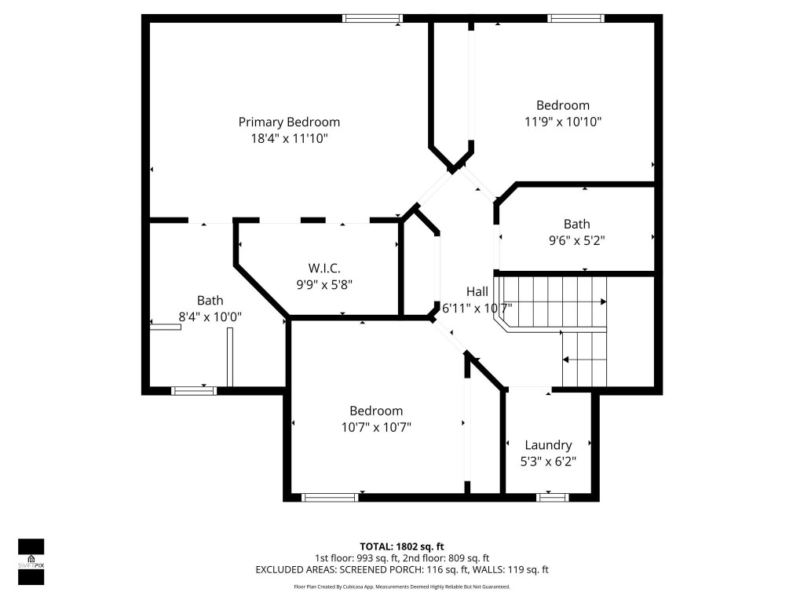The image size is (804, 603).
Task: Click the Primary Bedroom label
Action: click(x=289, y=122)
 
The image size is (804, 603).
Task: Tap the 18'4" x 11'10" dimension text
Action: click(x=289, y=138)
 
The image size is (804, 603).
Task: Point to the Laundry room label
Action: click(x=548, y=445)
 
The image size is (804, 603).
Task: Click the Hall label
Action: click(x=477, y=291)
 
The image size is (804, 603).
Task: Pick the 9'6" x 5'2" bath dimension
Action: click(x=576, y=240)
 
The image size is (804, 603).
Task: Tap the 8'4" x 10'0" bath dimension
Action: click(x=210, y=316)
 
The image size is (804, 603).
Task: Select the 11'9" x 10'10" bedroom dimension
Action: click(x=562, y=122)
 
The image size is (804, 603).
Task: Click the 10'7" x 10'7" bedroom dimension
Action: click(x=376, y=427)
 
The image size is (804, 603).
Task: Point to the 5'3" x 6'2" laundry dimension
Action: click(x=548, y=462)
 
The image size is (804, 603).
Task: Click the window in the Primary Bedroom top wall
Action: click(x=372, y=18)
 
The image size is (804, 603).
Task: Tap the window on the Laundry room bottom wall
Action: click(x=552, y=496)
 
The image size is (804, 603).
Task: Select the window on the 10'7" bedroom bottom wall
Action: click(x=330, y=496)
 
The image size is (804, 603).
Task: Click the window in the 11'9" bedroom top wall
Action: click(x=576, y=18)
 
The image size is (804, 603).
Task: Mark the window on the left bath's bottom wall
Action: click(x=194, y=390)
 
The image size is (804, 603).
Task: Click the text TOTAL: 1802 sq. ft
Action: click(x=402, y=546)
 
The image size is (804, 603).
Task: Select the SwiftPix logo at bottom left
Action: click(x=31, y=562)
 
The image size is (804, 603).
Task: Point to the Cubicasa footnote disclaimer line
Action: click(x=402, y=587)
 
